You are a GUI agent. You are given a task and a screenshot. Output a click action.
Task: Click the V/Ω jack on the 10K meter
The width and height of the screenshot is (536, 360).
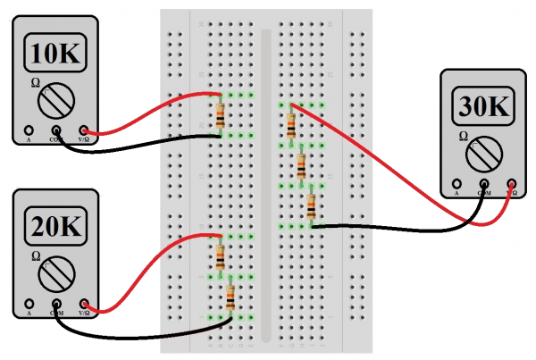(x=85, y=130)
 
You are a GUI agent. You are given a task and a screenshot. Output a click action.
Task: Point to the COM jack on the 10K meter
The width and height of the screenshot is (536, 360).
(x=55, y=130)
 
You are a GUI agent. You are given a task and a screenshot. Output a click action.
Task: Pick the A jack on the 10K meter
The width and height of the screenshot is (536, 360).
(x=29, y=130)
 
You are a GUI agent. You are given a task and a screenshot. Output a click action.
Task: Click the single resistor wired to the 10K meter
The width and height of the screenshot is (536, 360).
(x=221, y=115)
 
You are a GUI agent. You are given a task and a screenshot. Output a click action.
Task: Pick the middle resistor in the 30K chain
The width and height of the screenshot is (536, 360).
(x=301, y=165)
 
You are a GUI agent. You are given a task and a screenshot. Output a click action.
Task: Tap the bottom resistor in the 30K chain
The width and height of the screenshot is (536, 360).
(x=310, y=206)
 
